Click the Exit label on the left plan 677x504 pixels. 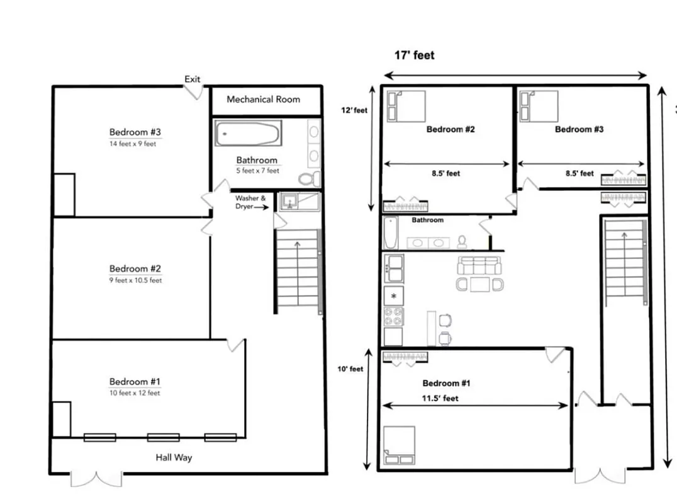[193, 79]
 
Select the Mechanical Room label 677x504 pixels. [263, 100]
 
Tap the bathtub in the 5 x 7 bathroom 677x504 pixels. [247, 134]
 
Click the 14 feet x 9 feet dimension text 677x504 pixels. [132, 144]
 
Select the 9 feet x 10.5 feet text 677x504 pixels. [135, 280]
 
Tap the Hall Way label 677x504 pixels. [174, 457]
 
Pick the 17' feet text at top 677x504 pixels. [414, 55]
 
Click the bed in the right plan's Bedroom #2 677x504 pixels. [406, 106]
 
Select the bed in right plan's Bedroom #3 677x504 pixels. [539, 106]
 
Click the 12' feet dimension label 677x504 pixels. [354, 110]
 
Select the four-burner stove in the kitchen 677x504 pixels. [394, 317]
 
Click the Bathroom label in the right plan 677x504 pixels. [428, 220]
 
